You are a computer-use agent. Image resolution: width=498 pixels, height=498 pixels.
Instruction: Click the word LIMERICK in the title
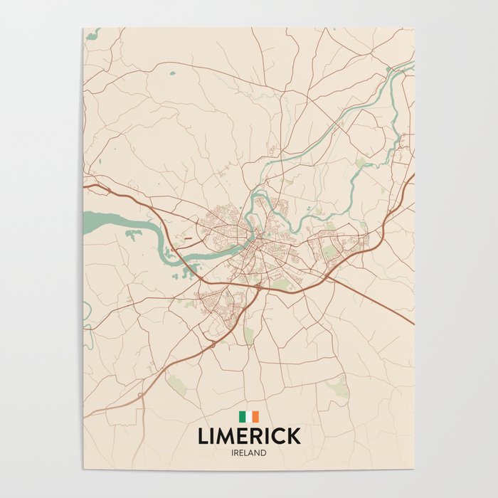click(249, 435)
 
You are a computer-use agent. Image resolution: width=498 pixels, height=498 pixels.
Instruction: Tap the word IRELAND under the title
click(249, 452)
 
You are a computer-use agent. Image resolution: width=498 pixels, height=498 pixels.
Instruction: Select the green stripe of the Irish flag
click(242, 417)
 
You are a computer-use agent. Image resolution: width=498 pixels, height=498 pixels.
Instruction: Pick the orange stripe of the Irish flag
click(255, 417)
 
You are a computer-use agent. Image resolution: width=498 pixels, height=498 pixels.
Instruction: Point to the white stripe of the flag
click(249, 417)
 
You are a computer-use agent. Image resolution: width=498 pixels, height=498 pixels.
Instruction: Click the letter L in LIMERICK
click(203, 435)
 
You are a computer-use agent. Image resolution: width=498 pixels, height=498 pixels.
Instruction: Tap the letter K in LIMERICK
click(292, 435)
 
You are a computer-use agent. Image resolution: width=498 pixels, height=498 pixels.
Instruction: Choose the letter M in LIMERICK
click(228, 435)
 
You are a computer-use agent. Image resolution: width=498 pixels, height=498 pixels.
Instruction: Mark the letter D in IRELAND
click(263, 452)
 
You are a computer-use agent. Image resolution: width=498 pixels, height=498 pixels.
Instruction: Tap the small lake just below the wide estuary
click(132, 233)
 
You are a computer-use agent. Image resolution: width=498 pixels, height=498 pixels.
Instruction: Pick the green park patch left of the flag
click(176, 385)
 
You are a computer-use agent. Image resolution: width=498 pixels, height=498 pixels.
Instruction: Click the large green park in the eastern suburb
click(328, 251)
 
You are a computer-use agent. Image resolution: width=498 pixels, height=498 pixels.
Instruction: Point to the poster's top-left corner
click(84, 29)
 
